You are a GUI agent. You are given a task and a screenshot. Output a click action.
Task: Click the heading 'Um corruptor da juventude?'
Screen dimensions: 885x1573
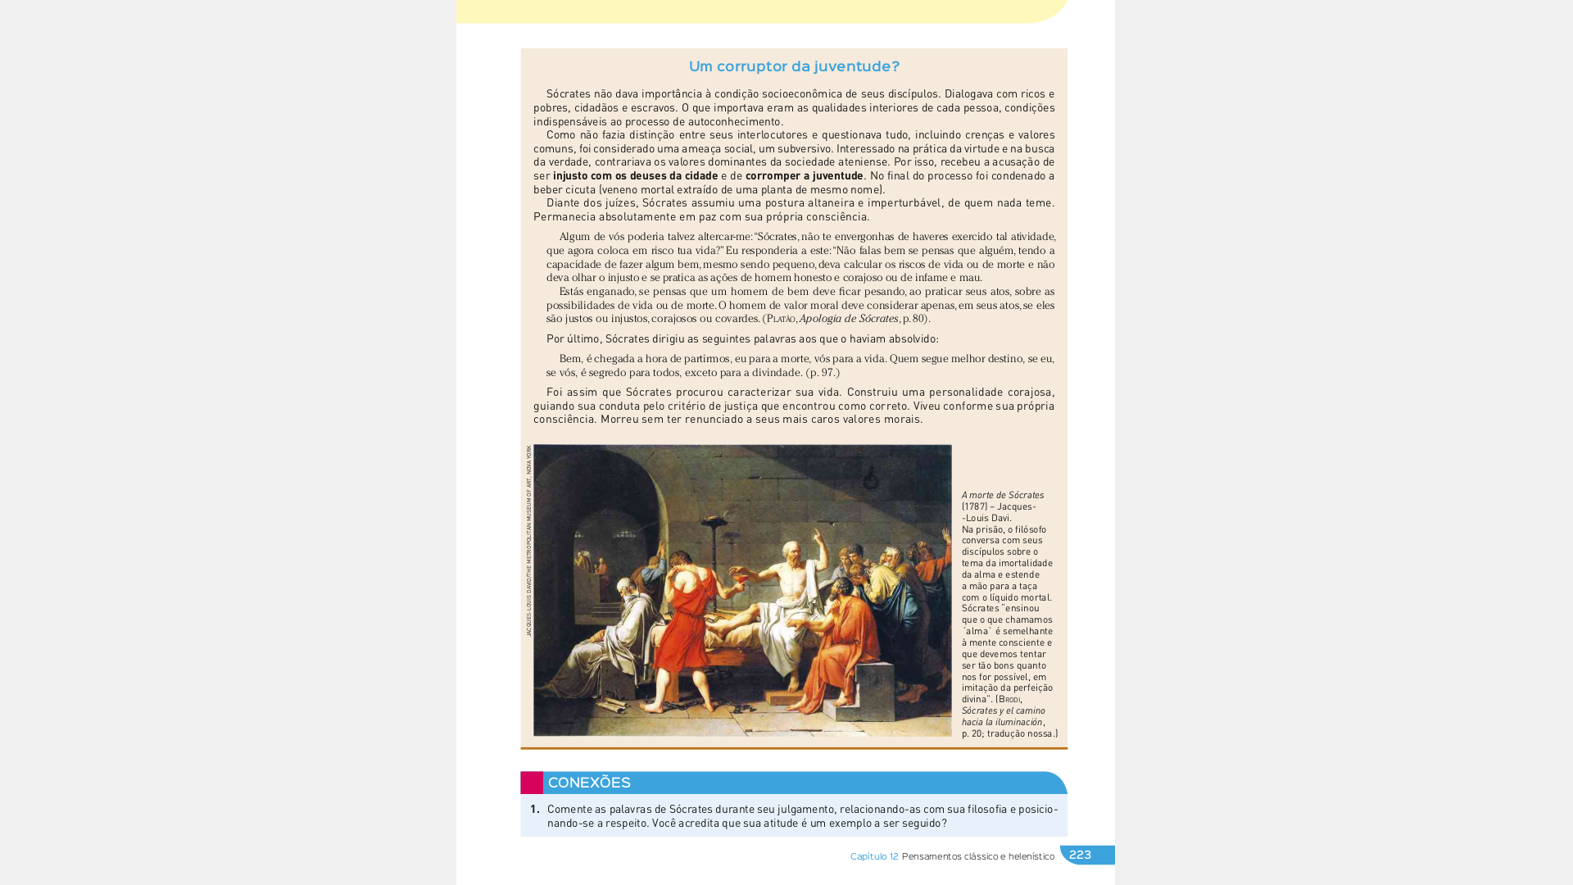tap(794, 66)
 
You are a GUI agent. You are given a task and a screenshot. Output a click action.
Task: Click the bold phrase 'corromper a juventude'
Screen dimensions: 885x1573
tap(804, 176)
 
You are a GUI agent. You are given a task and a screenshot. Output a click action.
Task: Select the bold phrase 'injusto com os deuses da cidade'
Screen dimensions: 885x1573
tap(635, 176)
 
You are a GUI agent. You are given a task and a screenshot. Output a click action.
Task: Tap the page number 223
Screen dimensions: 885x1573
tap(1080, 855)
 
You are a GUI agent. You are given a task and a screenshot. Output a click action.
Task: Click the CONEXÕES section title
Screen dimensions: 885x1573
tap(589, 783)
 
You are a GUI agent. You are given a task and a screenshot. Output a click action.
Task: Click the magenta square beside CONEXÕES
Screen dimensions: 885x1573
tap(531, 783)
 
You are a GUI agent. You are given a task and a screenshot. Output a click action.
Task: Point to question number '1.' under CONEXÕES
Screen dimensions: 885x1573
tap(534, 810)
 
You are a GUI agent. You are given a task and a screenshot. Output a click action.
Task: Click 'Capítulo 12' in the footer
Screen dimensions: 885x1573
tap(873, 856)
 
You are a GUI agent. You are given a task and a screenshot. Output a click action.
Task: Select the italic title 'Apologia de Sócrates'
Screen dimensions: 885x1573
tap(848, 319)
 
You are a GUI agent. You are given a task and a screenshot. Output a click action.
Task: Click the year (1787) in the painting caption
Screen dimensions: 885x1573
tap(975, 506)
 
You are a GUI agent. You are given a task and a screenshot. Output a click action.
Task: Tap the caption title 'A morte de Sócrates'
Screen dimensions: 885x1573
tap(1002, 495)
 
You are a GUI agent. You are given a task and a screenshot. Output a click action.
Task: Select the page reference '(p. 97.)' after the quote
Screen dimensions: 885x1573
tap(822, 373)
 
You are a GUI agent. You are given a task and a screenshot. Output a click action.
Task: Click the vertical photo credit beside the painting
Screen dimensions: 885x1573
tap(528, 541)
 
